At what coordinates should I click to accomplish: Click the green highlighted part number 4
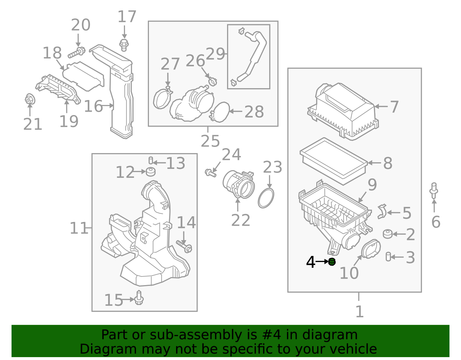pyautogui.click(x=332, y=262)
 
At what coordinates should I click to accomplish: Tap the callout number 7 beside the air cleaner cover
pyautogui.click(x=394, y=107)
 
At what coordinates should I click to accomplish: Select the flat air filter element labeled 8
pyautogui.click(x=333, y=161)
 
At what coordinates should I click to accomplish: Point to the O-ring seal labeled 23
pyautogui.click(x=266, y=198)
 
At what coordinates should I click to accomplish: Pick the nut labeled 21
pyautogui.click(x=29, y=99)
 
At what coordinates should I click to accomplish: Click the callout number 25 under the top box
pyautogui.click(x=210, y=141)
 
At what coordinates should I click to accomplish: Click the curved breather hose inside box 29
pyautogui.click(x=254, y=55)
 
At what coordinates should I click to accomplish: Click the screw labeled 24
pyautogui.click(x=210, y=173)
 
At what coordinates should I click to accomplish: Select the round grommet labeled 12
pyautogui.click(x=150, y=172)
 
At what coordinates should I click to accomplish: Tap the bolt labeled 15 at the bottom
pyautogui.click(x=139, y=298)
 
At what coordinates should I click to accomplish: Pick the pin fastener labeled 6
pyautogui.click(x=434, y=190)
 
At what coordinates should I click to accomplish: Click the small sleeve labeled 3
pyautogui.click(x=388, y=257)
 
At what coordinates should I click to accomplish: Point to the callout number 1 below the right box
pyautogui.click(x=359, y=312)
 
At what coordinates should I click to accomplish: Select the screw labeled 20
pyautogui.click(x=76, y=53)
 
